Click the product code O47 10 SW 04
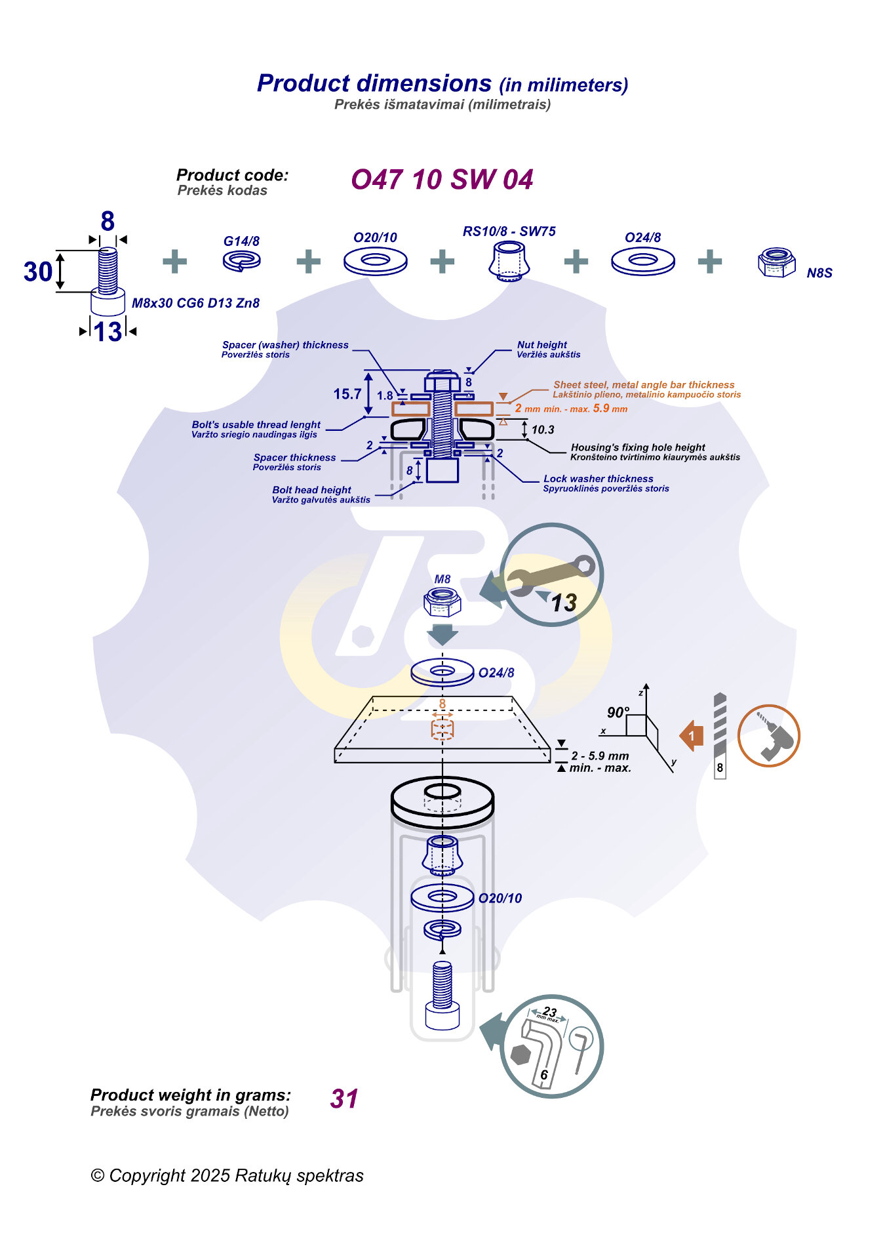point(442,180)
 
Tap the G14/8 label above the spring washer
point(241,241)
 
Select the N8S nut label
point(819,273)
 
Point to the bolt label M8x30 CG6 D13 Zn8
point(195,303)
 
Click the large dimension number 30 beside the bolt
point(37,272)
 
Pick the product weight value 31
point(344,1099)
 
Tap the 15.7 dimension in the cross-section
point(347,394)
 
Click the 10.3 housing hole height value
point(543,430)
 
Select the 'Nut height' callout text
point(541,345)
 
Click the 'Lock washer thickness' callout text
point(598,479)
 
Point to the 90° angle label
point(618,712)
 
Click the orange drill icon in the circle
point(768,736)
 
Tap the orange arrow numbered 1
point(692,736)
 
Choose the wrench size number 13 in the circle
point(563,603)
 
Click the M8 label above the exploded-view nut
point(442,579)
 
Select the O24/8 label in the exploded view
point(496,673)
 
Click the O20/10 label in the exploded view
point(500,899)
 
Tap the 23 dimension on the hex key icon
point(549,1012)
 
